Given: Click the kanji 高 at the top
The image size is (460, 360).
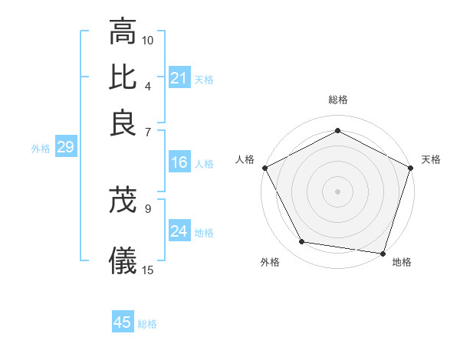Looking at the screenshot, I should tap(123, 31).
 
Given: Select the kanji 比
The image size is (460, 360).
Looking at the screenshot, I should tap(123, 77).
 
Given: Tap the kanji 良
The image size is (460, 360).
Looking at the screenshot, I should tap(123, 123).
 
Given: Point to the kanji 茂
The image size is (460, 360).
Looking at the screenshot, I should tap(123, 201).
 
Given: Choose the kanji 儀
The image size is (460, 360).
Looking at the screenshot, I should tap(123, 261).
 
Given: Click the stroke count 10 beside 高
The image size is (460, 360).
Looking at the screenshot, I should tap(148, 40).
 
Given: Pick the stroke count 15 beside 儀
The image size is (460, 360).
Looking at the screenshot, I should tap(148, 270).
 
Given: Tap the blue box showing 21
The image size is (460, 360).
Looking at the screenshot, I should tap(179, 78).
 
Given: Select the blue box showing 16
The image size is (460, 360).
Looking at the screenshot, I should tap(179, 162).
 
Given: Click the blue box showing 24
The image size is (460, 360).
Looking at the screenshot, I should tap(179, 231).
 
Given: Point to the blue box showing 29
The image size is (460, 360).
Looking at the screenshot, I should tap(65, 147).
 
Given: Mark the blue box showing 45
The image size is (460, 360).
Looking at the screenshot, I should tap(123, 322).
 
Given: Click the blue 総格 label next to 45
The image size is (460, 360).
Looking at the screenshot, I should tap(147, 324).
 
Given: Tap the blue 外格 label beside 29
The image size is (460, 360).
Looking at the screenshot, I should tap(40, 149).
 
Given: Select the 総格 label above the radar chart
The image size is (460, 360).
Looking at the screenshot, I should tap(338, 100).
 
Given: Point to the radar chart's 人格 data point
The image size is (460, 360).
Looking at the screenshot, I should tap(264, 168).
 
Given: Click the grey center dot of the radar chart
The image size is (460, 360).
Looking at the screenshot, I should tap(338, 191).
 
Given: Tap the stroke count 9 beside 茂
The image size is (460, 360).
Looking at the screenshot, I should tap(148, 208).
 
